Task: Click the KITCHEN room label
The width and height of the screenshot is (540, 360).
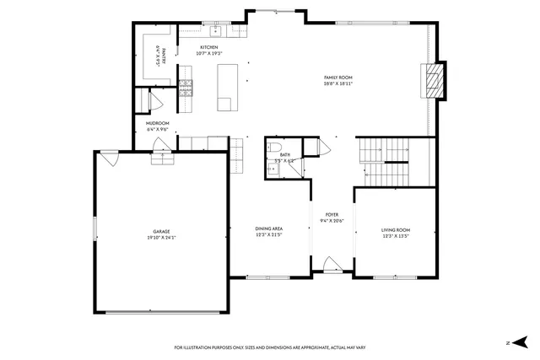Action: coord(208,47)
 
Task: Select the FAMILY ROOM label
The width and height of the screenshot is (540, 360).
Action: coord(337,78)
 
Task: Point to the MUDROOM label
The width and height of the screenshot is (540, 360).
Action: coord(158,124)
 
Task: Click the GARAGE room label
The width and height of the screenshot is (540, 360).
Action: coord(161,231)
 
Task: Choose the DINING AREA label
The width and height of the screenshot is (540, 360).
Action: coord(268,228)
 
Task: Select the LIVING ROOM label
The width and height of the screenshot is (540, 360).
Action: coord(395,229)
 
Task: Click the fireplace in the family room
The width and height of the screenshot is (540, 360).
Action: coord(434,82)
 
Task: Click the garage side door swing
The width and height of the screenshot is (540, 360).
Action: coord(108,157)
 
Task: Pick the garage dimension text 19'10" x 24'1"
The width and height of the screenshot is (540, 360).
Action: coord(161,237)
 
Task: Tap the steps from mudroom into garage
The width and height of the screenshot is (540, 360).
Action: coord(161,160)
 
